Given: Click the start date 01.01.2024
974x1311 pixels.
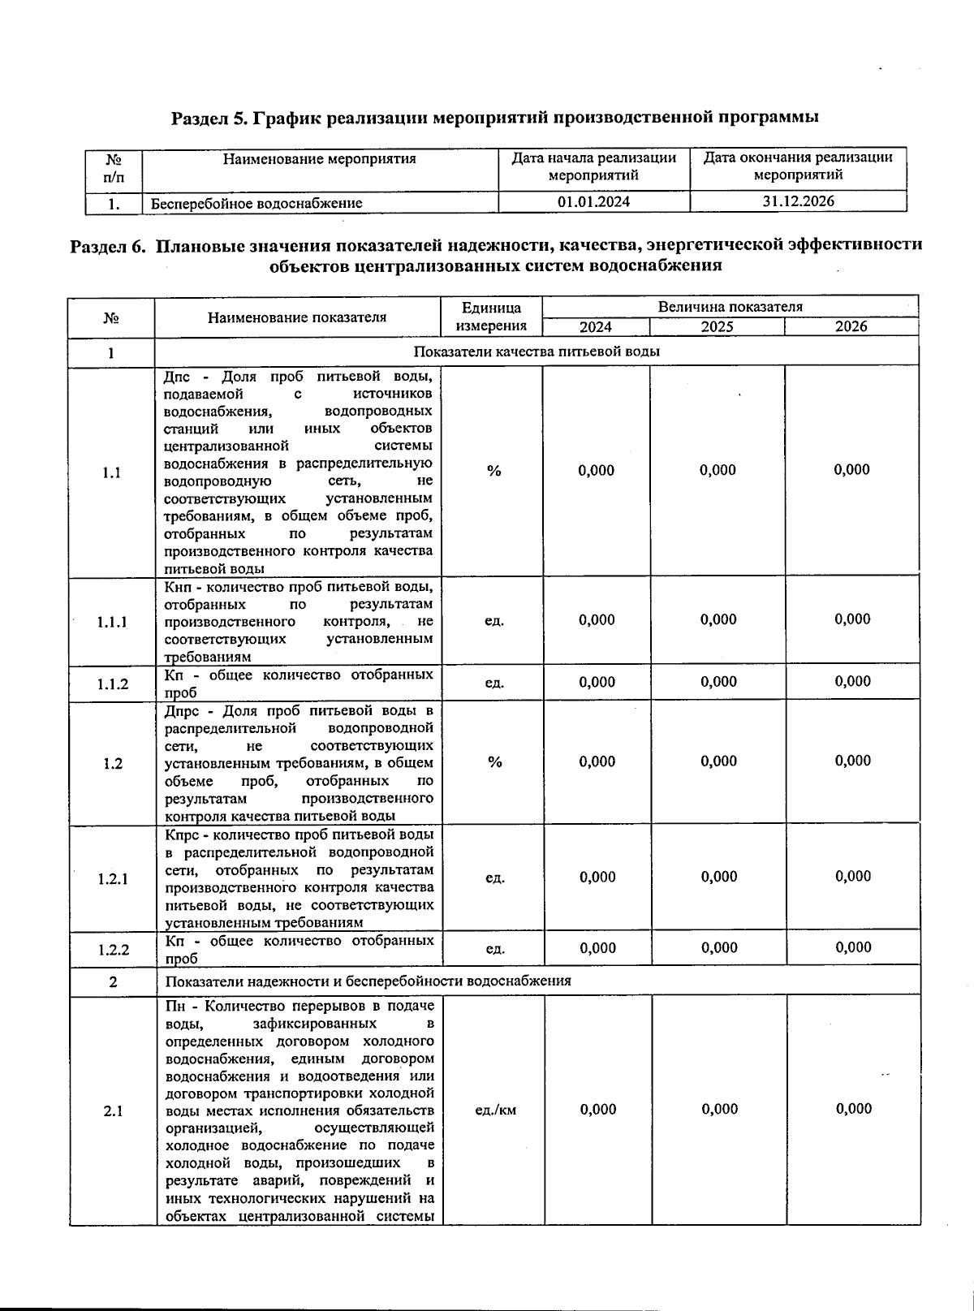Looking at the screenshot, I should (x=593, y=202).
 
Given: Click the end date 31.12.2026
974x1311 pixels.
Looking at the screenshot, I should (x=798, y=201).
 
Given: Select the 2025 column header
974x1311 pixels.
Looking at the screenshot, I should (x=718, y=326).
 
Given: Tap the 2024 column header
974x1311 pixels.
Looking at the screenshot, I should (x=596, y=326).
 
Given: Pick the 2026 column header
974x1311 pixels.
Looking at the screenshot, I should (x=851, y=326).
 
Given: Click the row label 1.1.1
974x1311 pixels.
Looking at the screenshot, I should (x=112, y=622).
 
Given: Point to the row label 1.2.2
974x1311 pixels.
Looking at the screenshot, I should (x=114, y=948).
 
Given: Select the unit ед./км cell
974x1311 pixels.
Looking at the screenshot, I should (x=495, y=1110).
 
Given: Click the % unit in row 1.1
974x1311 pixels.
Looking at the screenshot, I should (x=494, y=471).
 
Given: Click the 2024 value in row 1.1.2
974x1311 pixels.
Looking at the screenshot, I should (x=597, y=682).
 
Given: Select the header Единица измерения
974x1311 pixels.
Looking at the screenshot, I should (x=491, y=317).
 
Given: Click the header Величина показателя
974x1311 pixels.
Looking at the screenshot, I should (x=730, y=307).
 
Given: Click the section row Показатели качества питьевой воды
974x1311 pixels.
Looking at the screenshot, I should (x=537, y=351).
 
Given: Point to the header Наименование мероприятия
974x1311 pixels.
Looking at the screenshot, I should (x=319, y=159).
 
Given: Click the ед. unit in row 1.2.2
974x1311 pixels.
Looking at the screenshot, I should (x=495, y=948).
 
